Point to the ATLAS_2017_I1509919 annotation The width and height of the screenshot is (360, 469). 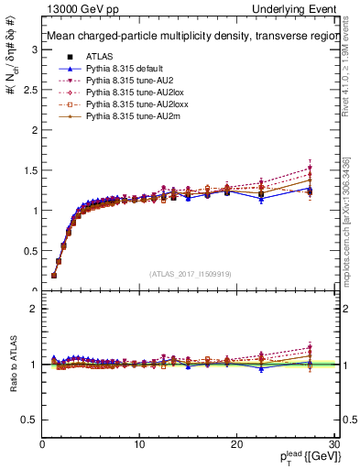point(190,272)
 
